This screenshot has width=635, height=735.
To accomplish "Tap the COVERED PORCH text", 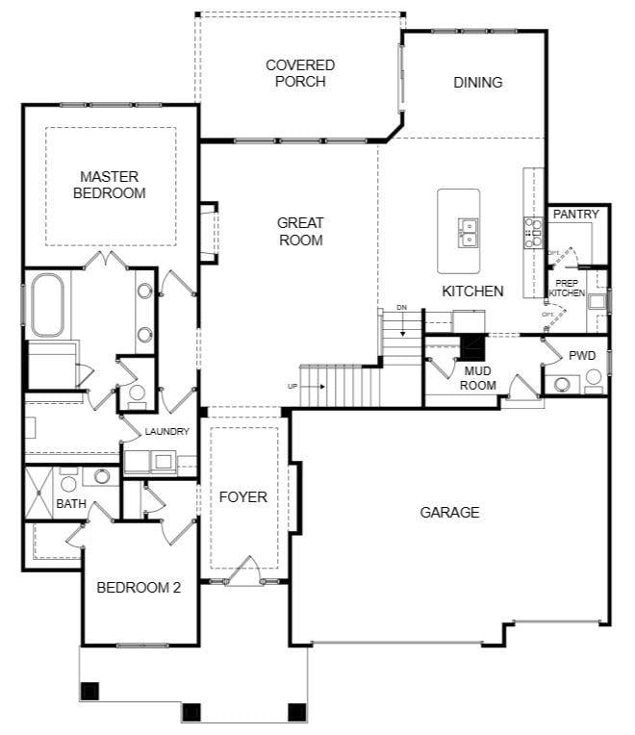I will pos(300,73).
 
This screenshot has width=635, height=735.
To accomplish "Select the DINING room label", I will pos(477,83).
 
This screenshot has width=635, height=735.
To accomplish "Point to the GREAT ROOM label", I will pos(300,231).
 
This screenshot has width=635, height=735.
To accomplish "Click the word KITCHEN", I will pos(472,291).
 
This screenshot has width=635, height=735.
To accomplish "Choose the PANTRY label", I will pos(575,214).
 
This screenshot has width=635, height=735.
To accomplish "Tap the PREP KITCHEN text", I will pos(567,288).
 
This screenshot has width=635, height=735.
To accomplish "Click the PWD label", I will pos(582,355).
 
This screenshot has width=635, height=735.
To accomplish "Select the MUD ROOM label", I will pos(479,377).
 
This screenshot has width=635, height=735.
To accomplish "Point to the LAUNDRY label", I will pos(166,432).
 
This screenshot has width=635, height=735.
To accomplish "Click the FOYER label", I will pos(242,496).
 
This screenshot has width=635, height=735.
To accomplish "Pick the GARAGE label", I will pos(449,512).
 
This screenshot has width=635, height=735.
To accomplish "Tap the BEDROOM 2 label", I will pos(139,587).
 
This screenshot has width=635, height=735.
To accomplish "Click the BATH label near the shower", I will pos(70,503).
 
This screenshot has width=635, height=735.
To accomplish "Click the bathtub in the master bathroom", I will pos(47,305).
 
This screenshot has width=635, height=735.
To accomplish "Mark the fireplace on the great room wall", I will pos(208,231).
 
